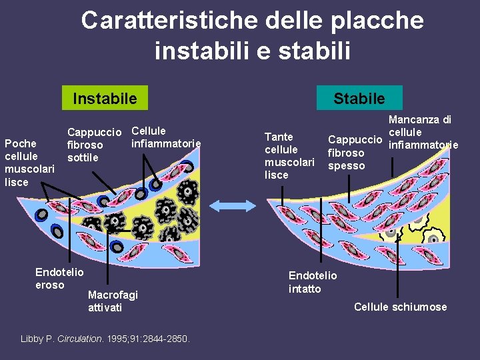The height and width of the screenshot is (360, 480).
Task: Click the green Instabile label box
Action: (105, 99)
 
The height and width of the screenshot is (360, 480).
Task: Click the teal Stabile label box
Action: (359, 99)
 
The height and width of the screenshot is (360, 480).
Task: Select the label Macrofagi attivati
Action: (113, 301)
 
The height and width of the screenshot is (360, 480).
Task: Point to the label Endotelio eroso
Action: (59, 279)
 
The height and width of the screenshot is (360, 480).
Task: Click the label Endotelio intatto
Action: (313, 282)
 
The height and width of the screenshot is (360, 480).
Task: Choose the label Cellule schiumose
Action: (400, 307)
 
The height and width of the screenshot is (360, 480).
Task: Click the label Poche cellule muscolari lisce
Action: (29, 163)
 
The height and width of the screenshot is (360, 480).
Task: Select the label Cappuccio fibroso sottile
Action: (93, 145)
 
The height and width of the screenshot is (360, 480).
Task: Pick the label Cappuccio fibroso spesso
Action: (355, 153)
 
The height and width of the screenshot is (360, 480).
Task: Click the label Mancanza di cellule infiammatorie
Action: (420, 132)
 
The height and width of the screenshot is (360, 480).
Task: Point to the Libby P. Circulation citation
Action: (105, 339)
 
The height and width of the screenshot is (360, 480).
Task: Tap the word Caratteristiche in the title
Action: (169, 21)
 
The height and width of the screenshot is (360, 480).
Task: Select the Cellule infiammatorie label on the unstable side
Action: (166, 137)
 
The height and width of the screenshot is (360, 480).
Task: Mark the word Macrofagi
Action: (113, 295)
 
